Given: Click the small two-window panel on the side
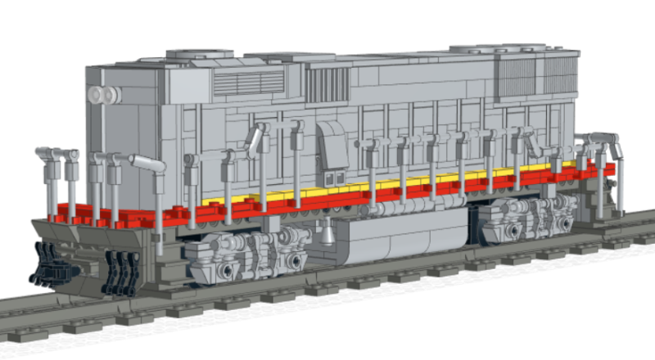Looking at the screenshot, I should (x=333, y=178).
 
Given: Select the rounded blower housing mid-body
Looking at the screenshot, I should (x=332, y=145).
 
